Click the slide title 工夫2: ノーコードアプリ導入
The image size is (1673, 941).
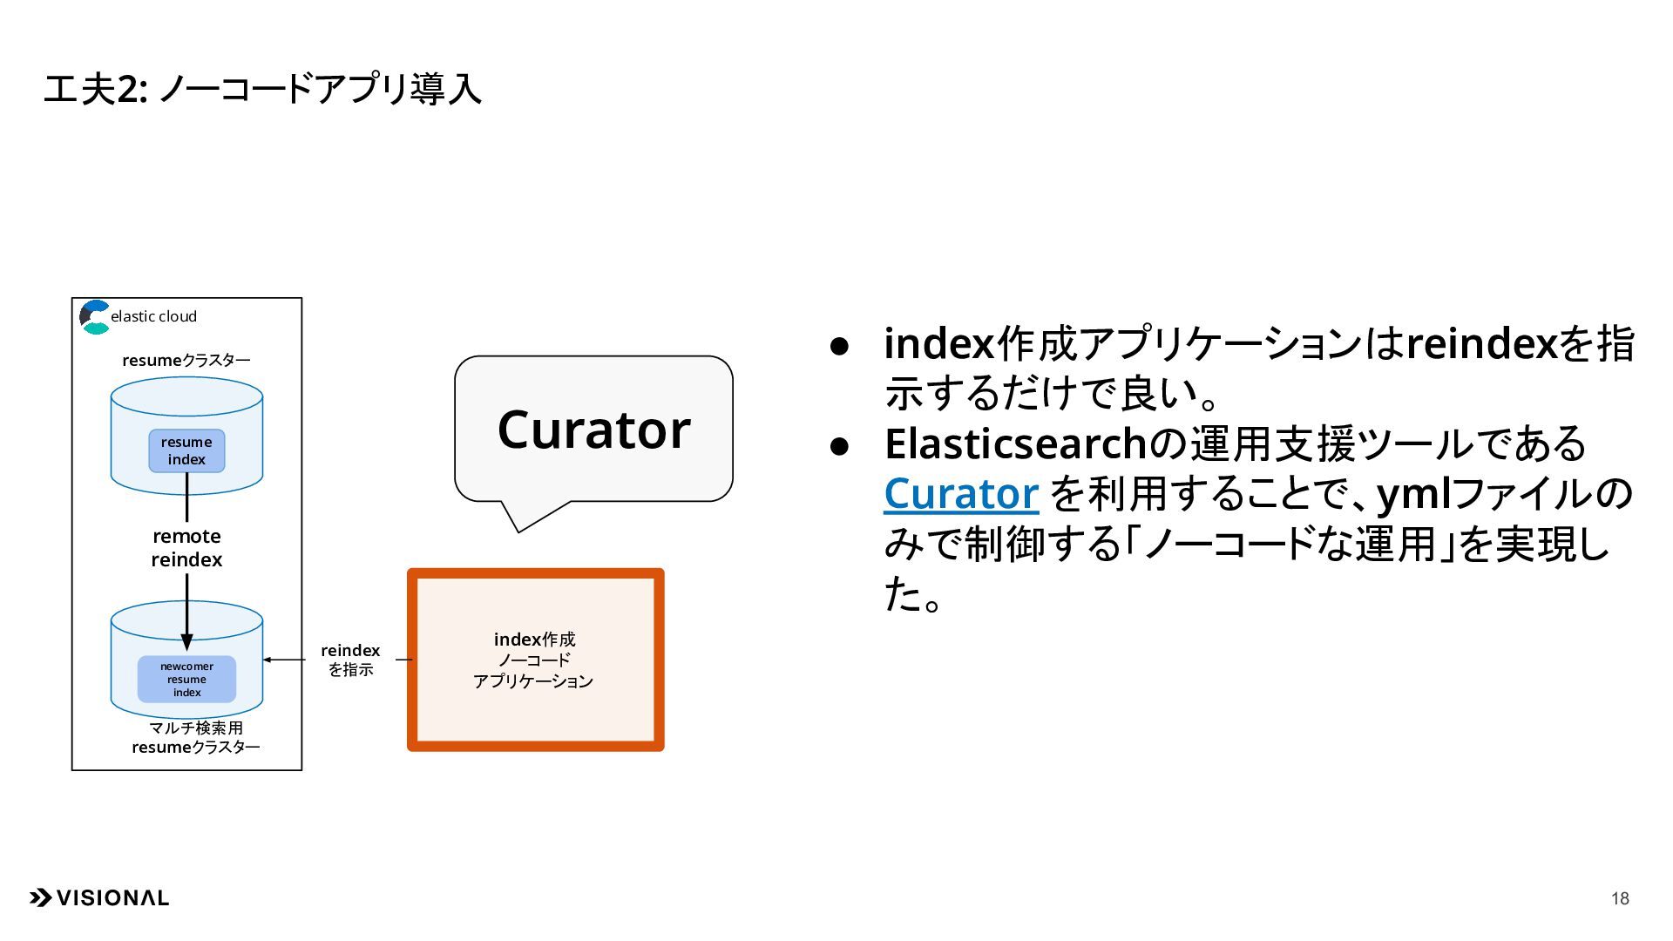tap(261, 89)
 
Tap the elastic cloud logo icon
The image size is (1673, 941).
tap(95, 317)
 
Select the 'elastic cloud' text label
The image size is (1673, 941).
tap(154, 316)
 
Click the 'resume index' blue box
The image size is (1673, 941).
tap(186, 450)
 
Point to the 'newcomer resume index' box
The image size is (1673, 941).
tap(186, 679)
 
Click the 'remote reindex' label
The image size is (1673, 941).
tap(186, 548)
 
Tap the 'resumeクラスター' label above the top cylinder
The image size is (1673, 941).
tap(186, 360)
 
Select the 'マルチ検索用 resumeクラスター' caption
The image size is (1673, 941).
tap(195, 737)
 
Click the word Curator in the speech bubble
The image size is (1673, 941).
tap(593, 429)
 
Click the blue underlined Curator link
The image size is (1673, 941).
tap(961, 493)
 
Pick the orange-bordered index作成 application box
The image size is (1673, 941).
tap(535, 660)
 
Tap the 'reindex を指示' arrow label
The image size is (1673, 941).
tap(350, 660)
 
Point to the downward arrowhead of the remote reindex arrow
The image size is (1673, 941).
tap(186, 642)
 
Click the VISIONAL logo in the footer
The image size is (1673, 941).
tap(99, 898)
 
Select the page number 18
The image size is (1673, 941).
tap(1620, 898)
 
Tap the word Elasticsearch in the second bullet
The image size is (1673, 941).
tap(1015, 443)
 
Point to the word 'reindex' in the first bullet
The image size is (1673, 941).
tap(1481, 343)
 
